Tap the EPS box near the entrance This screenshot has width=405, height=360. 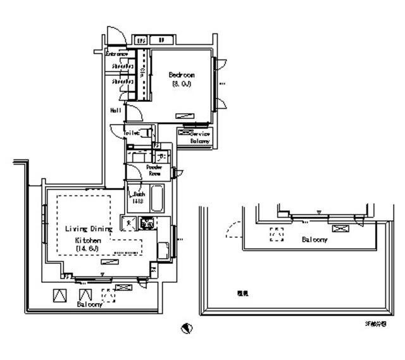[x=141, y=39]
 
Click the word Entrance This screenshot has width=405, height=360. [x=116, y=54]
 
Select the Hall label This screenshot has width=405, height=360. [x=116, y=109]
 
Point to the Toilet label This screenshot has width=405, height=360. [x=131, y=133]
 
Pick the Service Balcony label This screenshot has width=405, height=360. [x=201, y=138]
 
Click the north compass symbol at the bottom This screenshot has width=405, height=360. [x=186, y=328]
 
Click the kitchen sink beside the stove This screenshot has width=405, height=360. [x=128, y=222]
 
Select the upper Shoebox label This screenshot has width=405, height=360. [x=122, y=65]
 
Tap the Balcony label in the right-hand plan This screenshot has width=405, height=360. [x=314, y=240]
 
